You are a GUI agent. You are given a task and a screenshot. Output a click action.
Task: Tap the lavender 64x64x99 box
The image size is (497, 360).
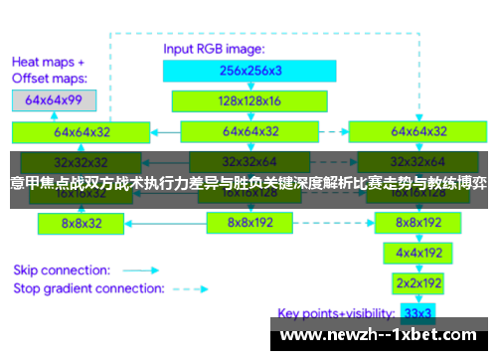[54, 99]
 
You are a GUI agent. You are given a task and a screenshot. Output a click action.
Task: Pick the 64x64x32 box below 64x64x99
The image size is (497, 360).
[83, 130]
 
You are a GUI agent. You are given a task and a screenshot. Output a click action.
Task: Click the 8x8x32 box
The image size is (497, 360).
[83, 224]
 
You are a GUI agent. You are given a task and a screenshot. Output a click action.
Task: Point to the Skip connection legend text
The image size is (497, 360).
[62, 270]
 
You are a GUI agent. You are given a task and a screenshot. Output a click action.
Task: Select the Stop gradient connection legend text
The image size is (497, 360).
[88, 289]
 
